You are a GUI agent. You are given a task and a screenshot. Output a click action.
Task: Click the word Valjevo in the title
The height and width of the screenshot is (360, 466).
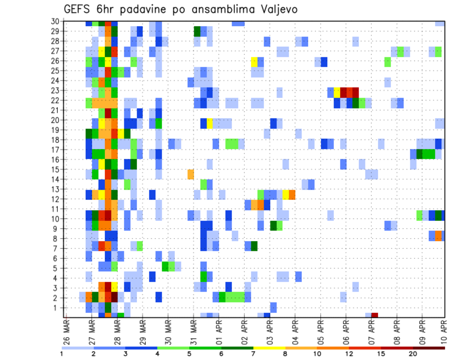click(x=276, y=9)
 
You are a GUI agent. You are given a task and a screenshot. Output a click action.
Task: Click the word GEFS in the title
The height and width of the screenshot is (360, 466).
click(x=80, y=9)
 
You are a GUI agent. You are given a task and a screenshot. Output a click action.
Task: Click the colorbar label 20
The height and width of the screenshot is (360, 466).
click(x=413, y=354)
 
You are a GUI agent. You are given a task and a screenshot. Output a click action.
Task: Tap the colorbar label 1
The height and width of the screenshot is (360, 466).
click(x=62, y=354)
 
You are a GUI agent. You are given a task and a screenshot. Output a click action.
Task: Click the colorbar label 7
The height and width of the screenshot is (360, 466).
click(x=253, y=354)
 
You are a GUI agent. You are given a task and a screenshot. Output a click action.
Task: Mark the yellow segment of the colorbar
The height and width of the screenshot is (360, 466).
click(x=269, y=348)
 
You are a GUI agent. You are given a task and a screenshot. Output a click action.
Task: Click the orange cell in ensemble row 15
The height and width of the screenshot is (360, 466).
click(x=191, y=173)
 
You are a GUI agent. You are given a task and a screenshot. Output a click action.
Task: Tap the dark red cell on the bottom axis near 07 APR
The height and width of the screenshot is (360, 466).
click(x=374, y=315)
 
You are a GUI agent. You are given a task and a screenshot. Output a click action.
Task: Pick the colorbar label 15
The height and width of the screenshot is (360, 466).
click(x=381, y=354)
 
